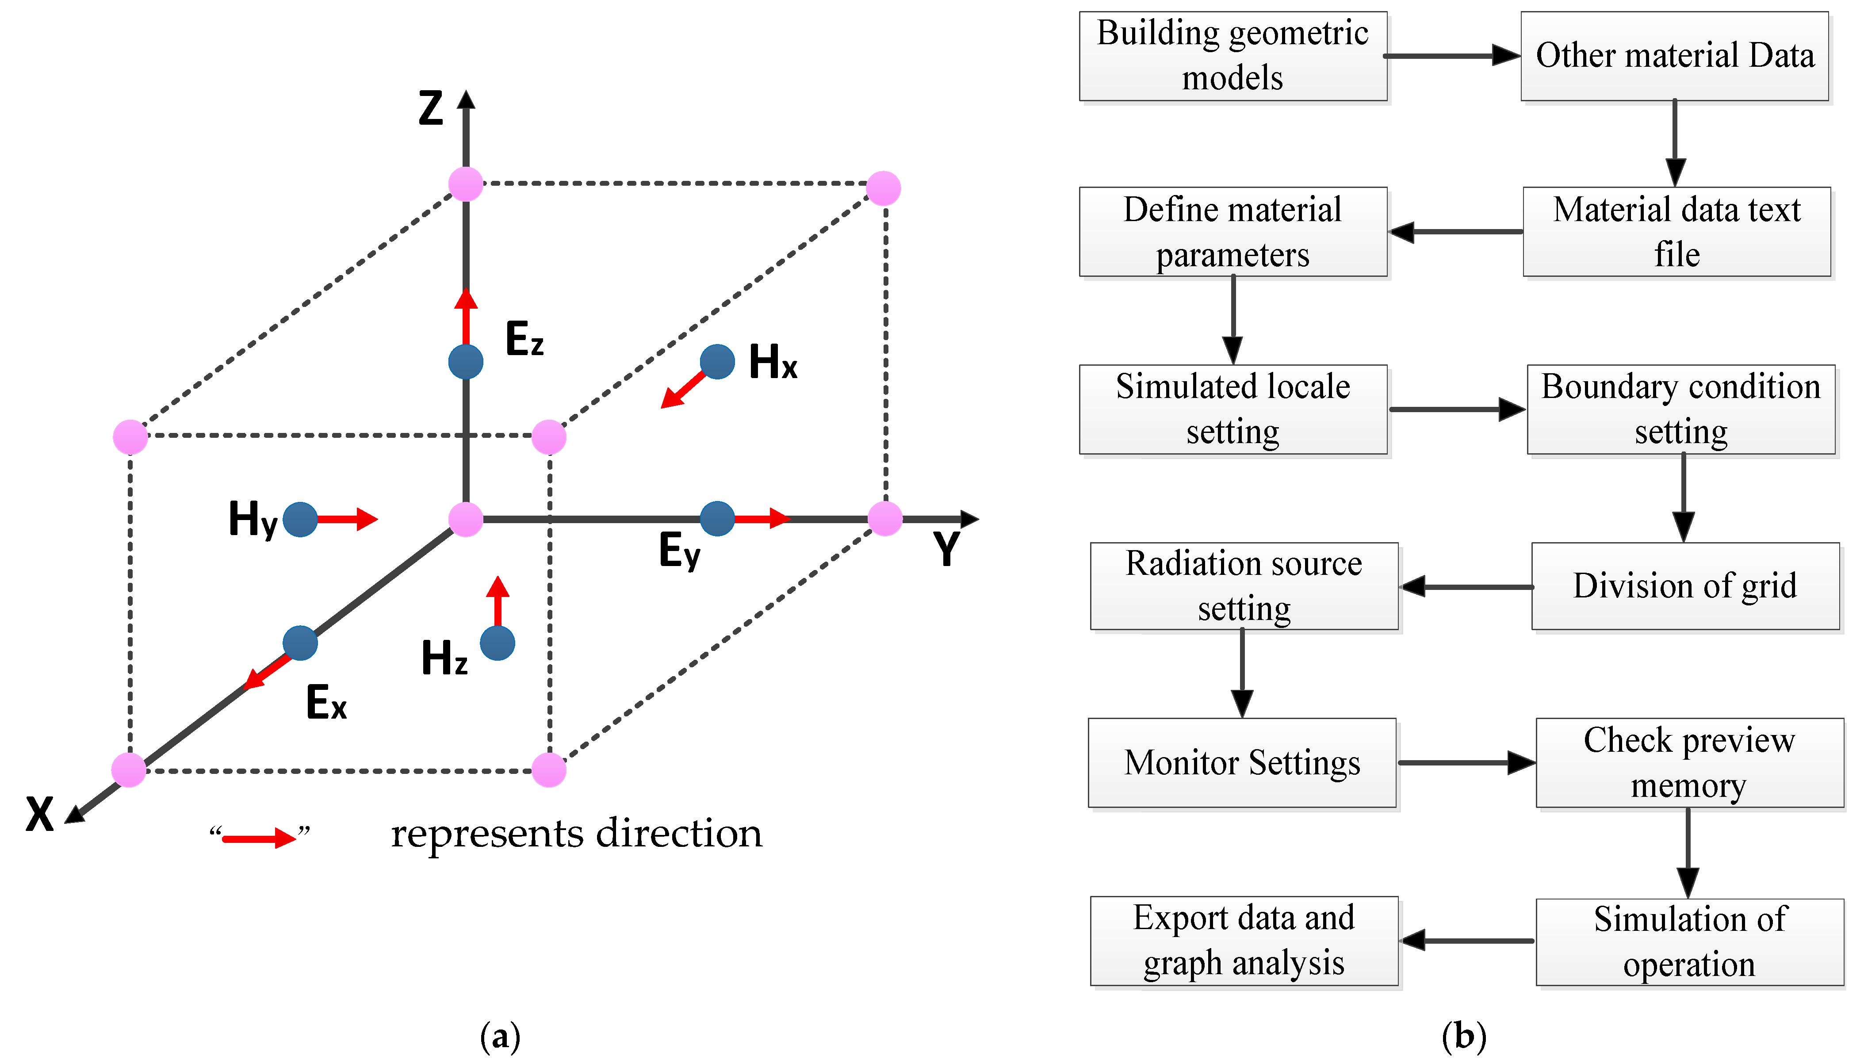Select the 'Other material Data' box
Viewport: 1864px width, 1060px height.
(x=1674, y=56)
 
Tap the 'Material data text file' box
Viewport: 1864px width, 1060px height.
(x=1676, y=232)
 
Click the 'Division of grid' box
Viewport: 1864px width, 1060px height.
(x=1685, y=586)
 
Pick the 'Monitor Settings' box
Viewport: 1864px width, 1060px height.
(x=1242, y=763)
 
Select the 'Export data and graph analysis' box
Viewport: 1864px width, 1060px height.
(x=1244, y=941)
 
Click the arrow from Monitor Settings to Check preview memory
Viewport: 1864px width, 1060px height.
(x=1466, y=763)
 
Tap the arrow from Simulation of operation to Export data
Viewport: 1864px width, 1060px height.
(x=1466, y=941)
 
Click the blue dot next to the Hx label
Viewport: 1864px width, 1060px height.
(x=717, y=362)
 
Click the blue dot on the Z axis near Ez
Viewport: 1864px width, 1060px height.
(x=466, y=362)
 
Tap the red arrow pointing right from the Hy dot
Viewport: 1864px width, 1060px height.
(x=347, y=519)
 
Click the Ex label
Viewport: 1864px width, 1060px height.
(x=326, y=703)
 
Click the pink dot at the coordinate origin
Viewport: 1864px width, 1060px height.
(x=466, y=519)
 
